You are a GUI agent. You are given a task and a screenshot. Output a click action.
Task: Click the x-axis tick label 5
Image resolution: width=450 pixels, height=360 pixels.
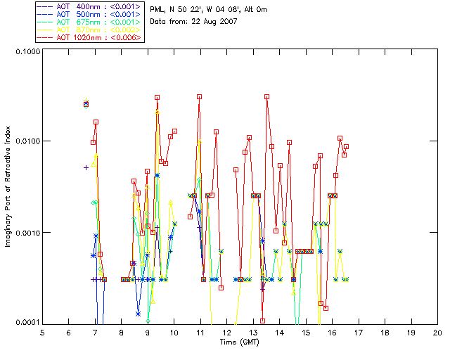[42, 332]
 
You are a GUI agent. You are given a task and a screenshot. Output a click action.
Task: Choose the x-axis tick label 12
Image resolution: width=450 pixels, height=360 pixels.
[226, 332]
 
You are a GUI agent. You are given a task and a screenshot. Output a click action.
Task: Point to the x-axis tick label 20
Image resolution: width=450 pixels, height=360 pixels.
[437, 332]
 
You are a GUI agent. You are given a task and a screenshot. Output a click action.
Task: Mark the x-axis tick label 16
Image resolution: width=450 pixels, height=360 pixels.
[332, 332]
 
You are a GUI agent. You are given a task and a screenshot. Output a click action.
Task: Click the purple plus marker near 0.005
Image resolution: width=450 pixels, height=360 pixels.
[86, 167]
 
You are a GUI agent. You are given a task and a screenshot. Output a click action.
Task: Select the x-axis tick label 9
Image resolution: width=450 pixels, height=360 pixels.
[148, 332]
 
